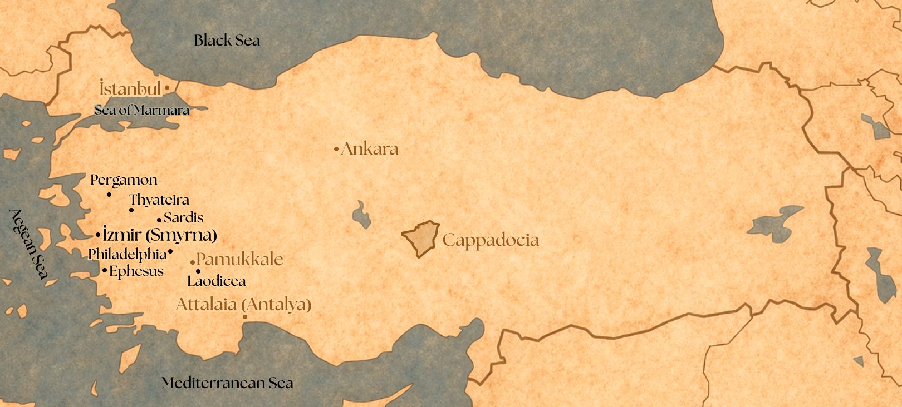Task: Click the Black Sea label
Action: click(227, 40)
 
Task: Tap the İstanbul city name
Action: click(130, 88)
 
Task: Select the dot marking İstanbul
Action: click(168, 88)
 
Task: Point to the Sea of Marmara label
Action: click(142, 110)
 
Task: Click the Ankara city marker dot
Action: click(336, 149)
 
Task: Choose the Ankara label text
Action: click(370, 149)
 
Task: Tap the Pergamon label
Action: click(124, 180)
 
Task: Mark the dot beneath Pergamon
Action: click(109, 195)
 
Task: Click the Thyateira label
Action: click(159, 200)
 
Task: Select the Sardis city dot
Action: click(159, 220)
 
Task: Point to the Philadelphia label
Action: click(128, 254)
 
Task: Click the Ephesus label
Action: click(136, 271)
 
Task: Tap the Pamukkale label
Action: click(240, 259)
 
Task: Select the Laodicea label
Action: click(217, 281)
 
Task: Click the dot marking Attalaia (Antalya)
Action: click(245, 317)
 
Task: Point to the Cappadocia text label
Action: click(491, 240)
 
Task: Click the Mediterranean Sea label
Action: click(227, 383)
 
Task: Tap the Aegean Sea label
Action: click(30, 244)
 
